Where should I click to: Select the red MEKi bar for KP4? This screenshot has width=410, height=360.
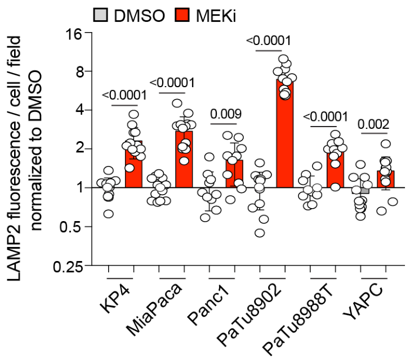click(133, 166)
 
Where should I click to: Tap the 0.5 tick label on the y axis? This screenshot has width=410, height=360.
click(73, 227)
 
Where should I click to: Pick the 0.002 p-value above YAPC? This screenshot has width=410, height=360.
click(374, 124)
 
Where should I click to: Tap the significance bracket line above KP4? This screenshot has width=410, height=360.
click(124, 105)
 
